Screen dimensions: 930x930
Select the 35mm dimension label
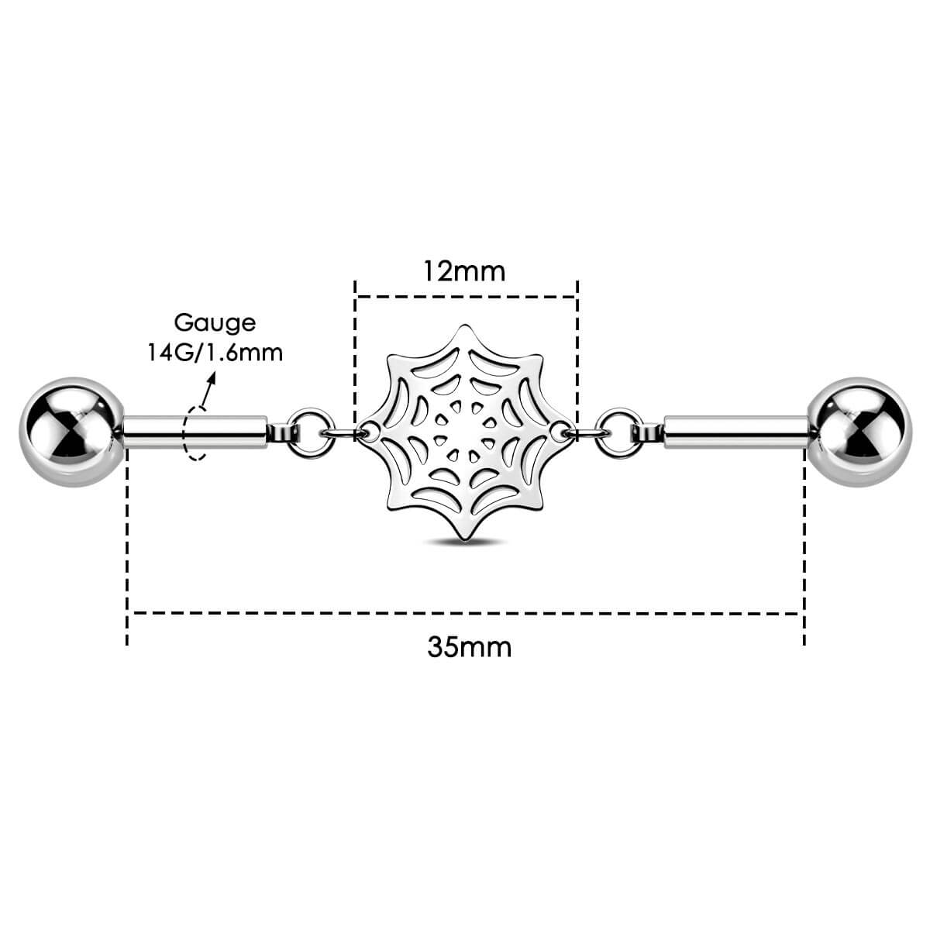click(x=469, y=646)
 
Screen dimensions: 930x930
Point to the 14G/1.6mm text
click(x=215, y=352)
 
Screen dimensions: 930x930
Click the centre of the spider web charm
click(x=466, y=429)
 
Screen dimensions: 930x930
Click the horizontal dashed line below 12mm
click(x=465, y=296)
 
